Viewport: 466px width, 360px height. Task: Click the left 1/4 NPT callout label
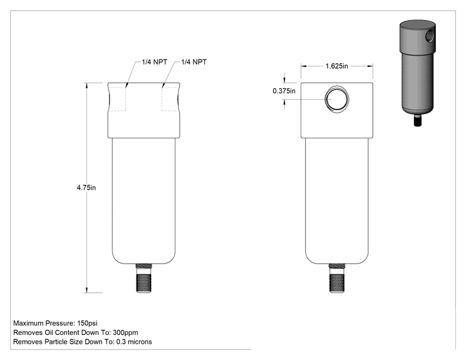coord(154,62)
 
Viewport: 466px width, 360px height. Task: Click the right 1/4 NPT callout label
coord(194,62)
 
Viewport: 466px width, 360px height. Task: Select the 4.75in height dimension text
coord(86,188)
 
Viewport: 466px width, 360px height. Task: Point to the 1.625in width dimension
coord(337,66)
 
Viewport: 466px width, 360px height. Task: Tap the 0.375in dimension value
coord(284,91)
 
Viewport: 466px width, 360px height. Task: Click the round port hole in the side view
coord(337,99)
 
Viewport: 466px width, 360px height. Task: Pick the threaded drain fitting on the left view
coord(144,278)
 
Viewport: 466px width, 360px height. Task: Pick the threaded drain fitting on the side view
coord(337,278)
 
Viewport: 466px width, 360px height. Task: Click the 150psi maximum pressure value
coord(87,323)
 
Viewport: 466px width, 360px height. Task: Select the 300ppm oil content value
coord(125,332)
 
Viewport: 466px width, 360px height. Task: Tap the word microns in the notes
coord(140,342)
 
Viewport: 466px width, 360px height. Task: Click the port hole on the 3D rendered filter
coord(430,36)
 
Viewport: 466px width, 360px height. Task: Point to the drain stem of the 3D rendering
coord(418,121)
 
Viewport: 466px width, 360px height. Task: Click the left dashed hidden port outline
coord(117,99)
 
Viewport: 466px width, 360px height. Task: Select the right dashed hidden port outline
coord(170,99)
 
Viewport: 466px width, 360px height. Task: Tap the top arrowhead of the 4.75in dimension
coord(87,86)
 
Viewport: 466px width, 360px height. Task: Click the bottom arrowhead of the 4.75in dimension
coord(87,290)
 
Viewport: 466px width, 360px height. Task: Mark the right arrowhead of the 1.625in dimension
coord(370,66)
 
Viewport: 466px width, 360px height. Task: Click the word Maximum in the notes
coord(28,323)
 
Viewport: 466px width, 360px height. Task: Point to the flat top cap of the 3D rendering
coord(417,24)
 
